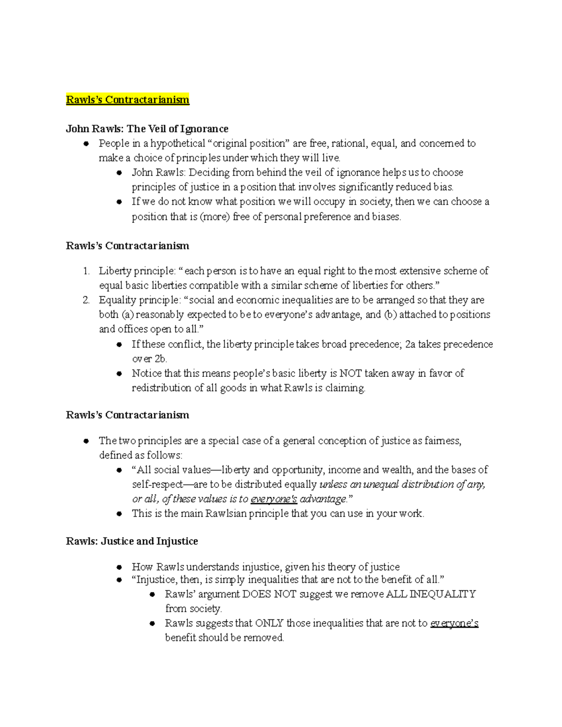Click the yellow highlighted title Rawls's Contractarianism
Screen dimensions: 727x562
pos(127,100)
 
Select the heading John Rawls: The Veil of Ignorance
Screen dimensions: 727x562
pos(147,129)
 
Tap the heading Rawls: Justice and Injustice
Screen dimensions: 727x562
pos(132,541)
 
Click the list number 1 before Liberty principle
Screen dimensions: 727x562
pos(86,271)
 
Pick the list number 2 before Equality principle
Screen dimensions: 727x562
pos(86,300)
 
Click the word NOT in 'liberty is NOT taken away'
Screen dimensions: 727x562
pos(350,373)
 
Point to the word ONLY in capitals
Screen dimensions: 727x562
pos(269,623)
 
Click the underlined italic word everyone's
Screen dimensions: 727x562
pos(274,499)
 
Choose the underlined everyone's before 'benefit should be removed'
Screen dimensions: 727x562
pos(454,623)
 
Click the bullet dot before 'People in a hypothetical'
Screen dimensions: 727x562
pos(86,144)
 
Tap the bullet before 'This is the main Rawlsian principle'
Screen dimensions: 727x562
pos(119,514)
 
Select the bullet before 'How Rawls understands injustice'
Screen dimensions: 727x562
pos(119,567)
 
